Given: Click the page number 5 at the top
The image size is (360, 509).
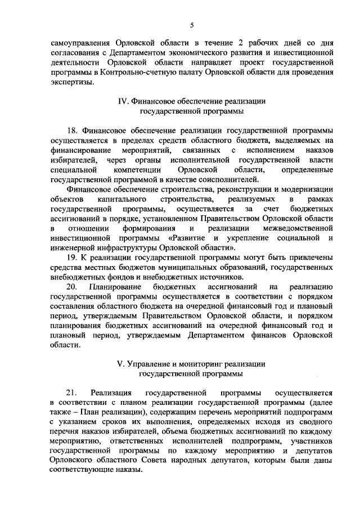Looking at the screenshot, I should tap(191, 25).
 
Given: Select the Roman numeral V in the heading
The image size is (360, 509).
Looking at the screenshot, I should tap(119, 364).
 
